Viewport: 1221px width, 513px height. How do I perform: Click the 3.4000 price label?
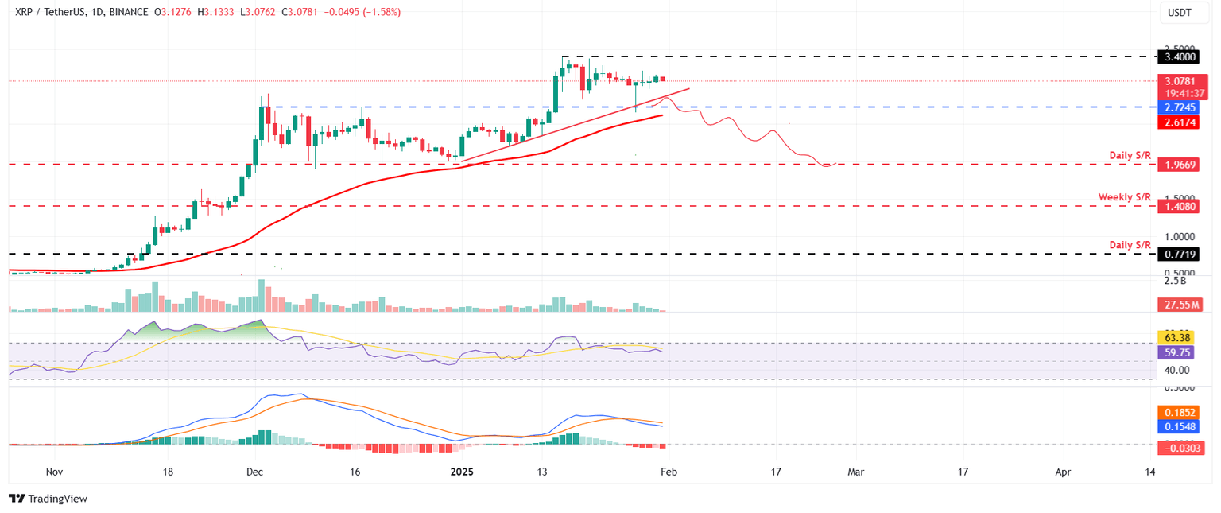[1180, 57]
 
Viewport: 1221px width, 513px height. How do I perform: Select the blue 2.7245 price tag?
[1180, 107]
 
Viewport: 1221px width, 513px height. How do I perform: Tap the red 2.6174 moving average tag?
[1180, 122]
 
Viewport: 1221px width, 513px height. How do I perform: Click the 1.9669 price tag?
[1180, 165]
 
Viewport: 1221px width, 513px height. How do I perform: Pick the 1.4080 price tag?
[1180, 206]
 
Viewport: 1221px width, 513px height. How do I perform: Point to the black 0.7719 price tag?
[1180, 254]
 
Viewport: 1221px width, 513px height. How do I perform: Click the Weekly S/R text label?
[1124, 196]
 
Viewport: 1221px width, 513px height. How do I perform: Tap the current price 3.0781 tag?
[1180, 81]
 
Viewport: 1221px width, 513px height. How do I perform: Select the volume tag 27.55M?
[1180, 305]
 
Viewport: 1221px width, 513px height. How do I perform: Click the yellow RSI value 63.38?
[1180, 337]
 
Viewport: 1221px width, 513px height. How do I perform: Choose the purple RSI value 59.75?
[1180, 352]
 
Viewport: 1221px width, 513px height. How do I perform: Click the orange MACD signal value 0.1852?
[1180, 414]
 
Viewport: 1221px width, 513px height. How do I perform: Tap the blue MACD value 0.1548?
[1180, 428]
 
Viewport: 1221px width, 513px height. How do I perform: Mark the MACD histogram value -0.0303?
[1180, 449]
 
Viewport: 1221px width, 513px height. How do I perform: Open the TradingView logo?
[48, 499]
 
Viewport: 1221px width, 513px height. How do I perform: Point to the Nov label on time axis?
[54, 472]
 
